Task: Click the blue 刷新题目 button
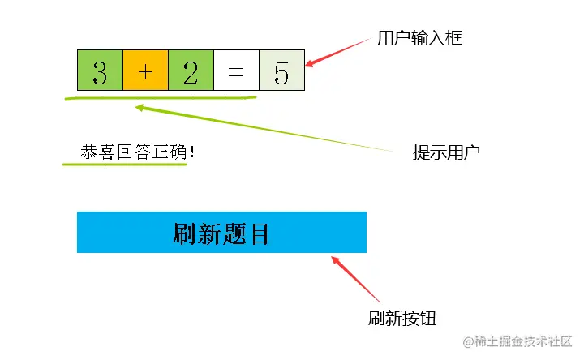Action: click(x=221, y=233)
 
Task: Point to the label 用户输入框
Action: click(x=420, y=38)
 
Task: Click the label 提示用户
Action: click(x=446, y=152)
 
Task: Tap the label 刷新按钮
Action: click(x=402, y=318)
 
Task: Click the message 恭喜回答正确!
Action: click(x=136, y=152)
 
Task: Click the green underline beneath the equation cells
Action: click(x=162, y=100)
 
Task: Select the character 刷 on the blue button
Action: click(x=186, y=234)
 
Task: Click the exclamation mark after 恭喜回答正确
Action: click(x=192, y=152)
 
